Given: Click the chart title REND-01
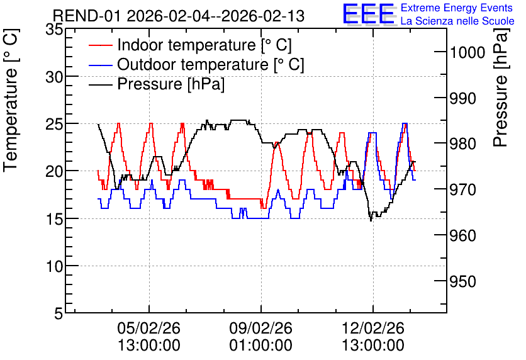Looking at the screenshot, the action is [x=87, y=16].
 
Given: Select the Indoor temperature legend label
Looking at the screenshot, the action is [x=204, y=45].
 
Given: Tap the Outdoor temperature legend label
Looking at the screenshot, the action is [x=211, y=64].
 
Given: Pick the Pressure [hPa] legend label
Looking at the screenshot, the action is [x=171, y=84].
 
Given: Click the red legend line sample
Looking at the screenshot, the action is [x=101, y=45].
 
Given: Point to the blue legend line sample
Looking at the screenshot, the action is [x=101, y=65].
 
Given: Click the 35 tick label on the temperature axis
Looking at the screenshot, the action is [x=54, y=29].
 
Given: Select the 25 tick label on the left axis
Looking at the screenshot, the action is [x=54, y=124].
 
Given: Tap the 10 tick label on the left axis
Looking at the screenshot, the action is [x=54, y=266].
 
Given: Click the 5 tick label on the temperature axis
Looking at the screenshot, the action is [x=59, y=314].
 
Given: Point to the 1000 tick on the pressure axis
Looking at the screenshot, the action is [x=467, y=53].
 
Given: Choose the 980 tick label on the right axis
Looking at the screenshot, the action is [x=463, y=144].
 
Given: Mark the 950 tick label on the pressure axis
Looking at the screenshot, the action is [x=463, y=282].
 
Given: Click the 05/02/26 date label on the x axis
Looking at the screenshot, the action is [x=149, y=328].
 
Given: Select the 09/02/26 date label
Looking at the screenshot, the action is [x=260, y=328].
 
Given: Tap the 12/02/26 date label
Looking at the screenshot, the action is [x=372, y=328].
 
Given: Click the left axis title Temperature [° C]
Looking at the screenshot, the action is [x=11, y=100].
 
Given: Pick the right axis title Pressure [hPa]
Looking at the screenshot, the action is [x=501, y=87].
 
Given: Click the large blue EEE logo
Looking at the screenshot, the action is [x=369, y=14].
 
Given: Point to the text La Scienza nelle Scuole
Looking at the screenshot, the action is [x=457, y=21].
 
